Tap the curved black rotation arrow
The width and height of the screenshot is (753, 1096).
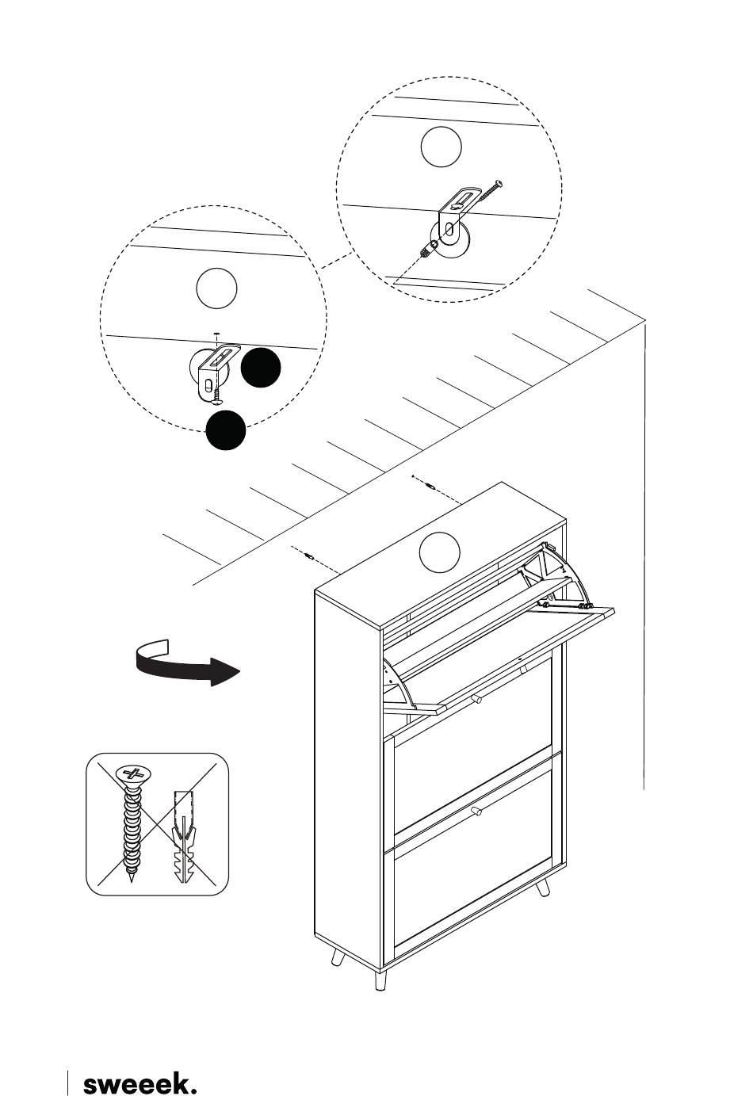(x=186, y=664)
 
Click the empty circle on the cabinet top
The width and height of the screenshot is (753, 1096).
(x=439, y=552)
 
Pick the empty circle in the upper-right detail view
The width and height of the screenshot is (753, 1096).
(x=440, y=147)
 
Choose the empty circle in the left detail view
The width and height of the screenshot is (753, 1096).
(x=216, y=288)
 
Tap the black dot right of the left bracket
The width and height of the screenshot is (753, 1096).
(x=261, y=368)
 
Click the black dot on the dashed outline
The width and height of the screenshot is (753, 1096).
(x=226, y=430)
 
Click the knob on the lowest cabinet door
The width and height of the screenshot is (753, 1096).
(x=476, y=811)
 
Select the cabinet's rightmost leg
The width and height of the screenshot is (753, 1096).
(x=543, y=888)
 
